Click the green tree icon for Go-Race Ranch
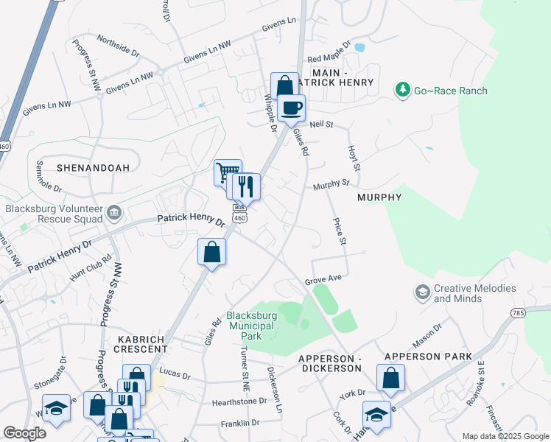(x=402, y=90)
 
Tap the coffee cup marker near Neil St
(x=292, y=108)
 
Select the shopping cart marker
(x=228, y=172)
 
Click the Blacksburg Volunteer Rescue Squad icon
(x=114, y=214)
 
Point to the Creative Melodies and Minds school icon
(x=422, y=292)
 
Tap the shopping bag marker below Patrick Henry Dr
(x=211, y=252)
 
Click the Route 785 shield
(x=516, y=314)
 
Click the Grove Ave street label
(x=324, y=278)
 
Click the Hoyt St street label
(x=354, y=158)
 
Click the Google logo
(x=25, y=433)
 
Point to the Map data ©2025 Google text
(x=505, y=436)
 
